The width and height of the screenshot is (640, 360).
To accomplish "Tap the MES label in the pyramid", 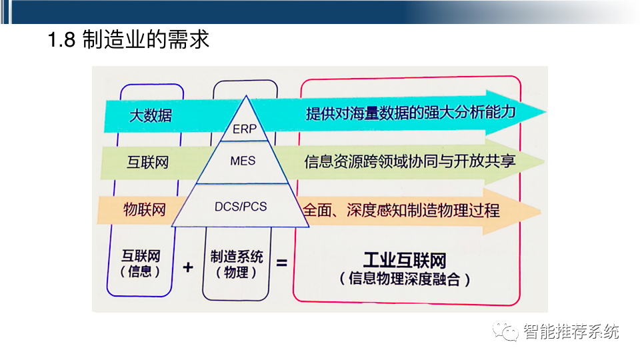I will coord(242,161).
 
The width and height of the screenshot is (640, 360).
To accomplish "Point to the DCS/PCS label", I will coord(241,207).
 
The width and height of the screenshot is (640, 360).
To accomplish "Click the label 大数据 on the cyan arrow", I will coord(150,115).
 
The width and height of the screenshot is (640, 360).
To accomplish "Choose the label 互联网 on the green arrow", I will coord(148,162).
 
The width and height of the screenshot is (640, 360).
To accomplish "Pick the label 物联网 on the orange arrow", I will coord(145,209).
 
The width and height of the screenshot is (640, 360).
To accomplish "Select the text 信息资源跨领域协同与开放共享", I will coord(410,161).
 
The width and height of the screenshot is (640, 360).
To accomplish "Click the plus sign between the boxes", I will coord(187,267).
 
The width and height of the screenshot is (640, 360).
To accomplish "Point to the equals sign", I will coord(281,263).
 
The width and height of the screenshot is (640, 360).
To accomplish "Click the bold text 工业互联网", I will coord(405,260).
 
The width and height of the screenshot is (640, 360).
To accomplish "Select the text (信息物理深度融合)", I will coord(405,279).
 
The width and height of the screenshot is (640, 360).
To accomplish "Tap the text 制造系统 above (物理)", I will coord(237,256).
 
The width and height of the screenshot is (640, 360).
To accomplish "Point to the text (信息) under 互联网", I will coord(141,272).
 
